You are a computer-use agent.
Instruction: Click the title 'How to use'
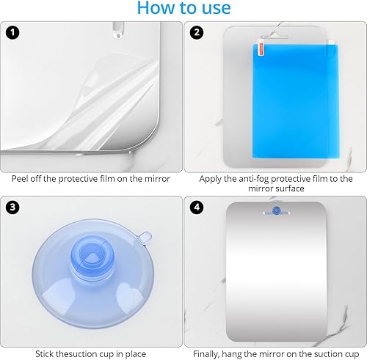(x=183, y=8)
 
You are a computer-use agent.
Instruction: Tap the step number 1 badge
(x=12, y=33)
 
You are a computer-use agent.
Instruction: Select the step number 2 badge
(x=197, y=32)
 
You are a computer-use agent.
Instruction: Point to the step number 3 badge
(x=12, y=207)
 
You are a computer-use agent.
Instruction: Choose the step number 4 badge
(x=197, y=207)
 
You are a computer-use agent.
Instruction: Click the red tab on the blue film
(x=261, y=49)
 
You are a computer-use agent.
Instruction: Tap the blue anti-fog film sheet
(x=296, y=100)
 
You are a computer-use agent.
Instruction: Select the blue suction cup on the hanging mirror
(x=276, y=210)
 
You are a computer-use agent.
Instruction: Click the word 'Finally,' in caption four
(x=206, y=354)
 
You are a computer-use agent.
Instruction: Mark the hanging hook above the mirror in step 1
(x=118, y=30)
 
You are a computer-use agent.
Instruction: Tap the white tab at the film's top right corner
(x=332, y=43)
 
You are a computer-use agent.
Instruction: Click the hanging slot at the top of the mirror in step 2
(x=275, y=36)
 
